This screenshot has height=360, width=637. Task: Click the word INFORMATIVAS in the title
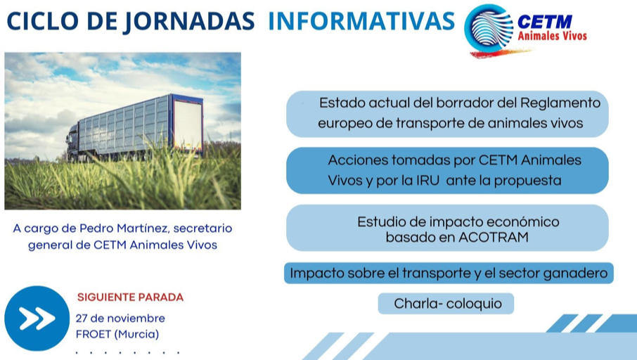pyautogui.click(x=361, y=21)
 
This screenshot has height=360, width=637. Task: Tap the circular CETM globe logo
pyautogui.click(x=489, y=30)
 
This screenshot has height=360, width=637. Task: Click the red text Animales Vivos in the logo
pyautogui.click(x=552, y=36)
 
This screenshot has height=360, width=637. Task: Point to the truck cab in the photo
pyautogui.click(x=72, y=142)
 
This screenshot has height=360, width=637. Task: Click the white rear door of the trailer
pyautogui.click(x=187, y=124)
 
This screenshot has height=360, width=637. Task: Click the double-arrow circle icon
pyautogui.click(x=37, y=318)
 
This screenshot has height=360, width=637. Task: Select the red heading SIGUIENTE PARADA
pyautogui.click(x=130, y=297)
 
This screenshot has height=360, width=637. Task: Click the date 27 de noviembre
pyautogui.click(x=120, y=318)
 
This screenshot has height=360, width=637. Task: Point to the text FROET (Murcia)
pyautogui.click(x=117, y=335)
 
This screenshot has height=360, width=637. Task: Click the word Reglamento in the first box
pyautogui.click(x=560, y=103)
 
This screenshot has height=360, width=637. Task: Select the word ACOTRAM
pyautogui.click(x=494, y=237)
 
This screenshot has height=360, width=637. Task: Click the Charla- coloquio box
pyautogui.click(x=446, y=304)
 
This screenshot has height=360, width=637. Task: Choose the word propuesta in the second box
pyautogui.click(x=527, y=181)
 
